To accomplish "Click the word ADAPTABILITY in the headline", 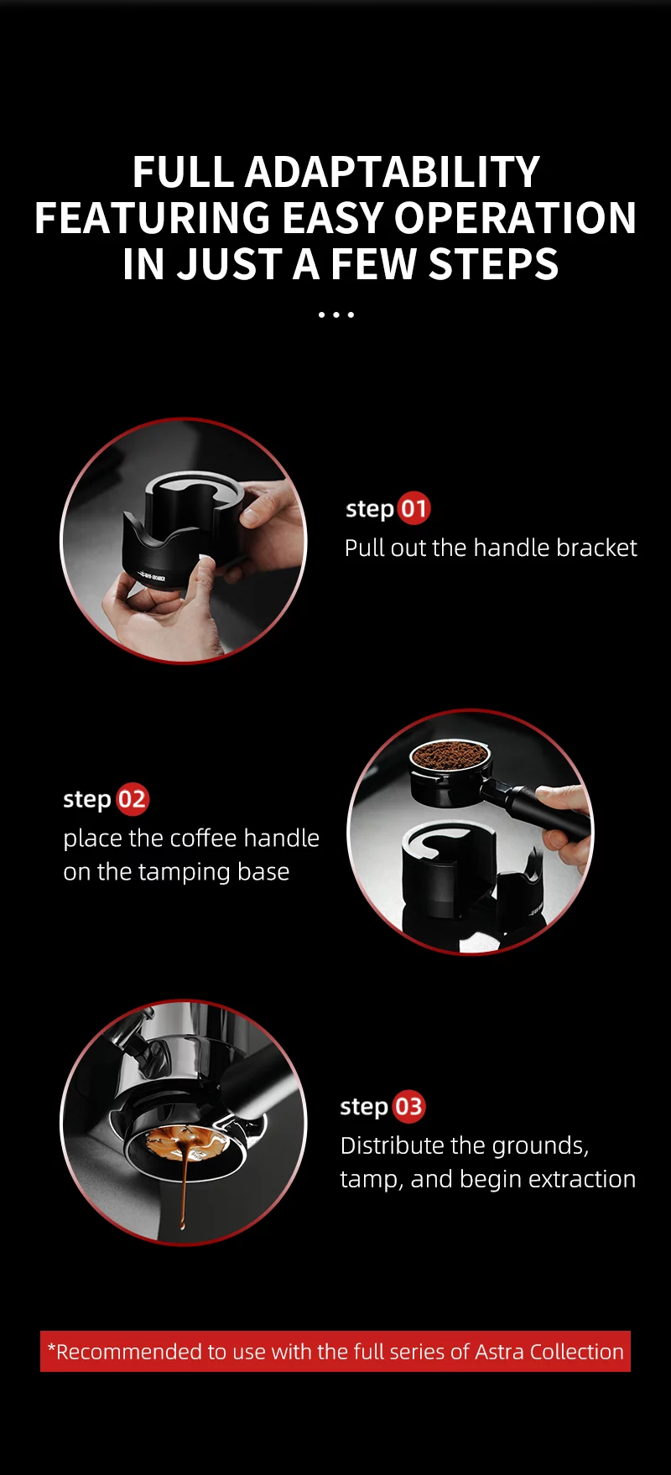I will coord(392,173).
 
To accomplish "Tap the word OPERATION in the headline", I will coord(515,218).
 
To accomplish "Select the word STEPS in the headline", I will coord(493,264).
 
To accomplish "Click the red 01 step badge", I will coord(413,509).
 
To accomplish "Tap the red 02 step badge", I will coord(132,799).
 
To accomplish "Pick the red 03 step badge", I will coord(408,1107).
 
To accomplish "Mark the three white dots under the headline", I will coord(335,315).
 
